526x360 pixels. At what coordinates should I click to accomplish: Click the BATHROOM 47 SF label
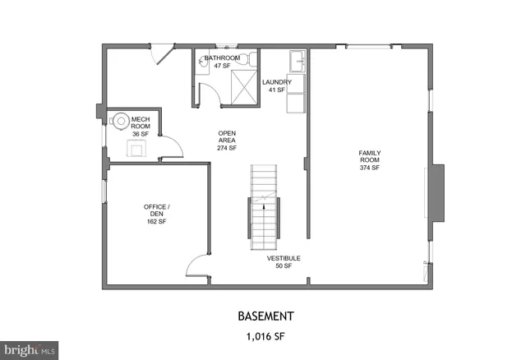222,62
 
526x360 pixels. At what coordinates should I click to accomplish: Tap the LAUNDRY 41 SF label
277,85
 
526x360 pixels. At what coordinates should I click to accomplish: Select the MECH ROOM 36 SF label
141,126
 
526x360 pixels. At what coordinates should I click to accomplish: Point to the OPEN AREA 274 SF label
227,141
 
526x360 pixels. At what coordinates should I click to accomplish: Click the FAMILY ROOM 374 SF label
369,160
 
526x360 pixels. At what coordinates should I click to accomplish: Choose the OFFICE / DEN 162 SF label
156,214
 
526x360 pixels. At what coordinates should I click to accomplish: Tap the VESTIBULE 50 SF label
283,262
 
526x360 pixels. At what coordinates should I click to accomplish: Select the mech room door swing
171,148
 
